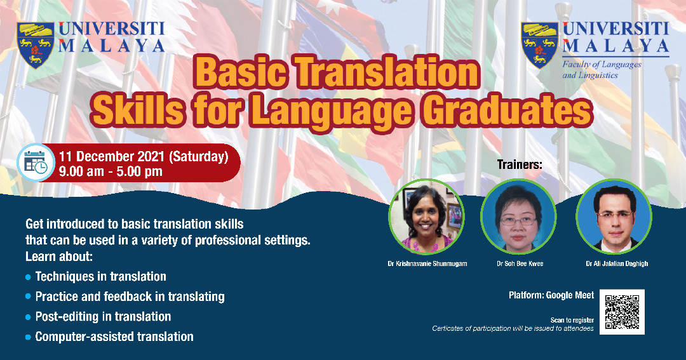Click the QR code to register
(x=622, y=312)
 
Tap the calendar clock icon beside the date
(x=36, y=163)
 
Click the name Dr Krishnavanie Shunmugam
(x=427, y=263)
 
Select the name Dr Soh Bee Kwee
(x=520, y=263)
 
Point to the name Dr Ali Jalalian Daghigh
(x=617, y=263)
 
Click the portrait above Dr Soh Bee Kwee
(x=518, y=217)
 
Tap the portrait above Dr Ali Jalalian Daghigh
(x=614, y=217)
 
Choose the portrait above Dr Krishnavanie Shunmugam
(x=427, y=217)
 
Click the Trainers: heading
(x=520, y=165)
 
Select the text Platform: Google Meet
(x=551, y=295)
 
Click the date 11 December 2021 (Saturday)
(x=144, y=157)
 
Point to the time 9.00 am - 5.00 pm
(x=111, y=171)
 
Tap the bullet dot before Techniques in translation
(x=29, y=277)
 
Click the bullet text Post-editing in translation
(x=104, y=317)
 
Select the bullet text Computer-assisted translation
(x=114, y=337)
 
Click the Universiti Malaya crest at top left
(x=36, y=45)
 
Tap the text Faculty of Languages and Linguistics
(x=602, y=70)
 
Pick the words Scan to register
(x=572, y=320)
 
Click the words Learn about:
(x=59, y=257)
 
